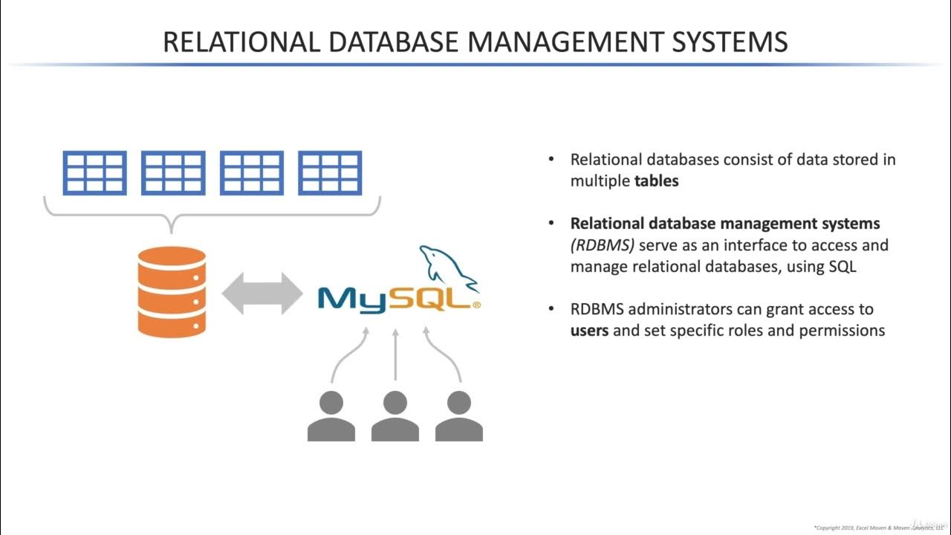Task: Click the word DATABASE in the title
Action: pyautogui.click(x=394, y=42)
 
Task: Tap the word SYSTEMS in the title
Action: pyautogui.click(x=730, y=42)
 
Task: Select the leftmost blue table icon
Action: pyautogui.click(x=94, y=173)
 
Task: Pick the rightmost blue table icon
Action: pyautogui.click(x=330, y=173)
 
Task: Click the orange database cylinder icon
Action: pyautogui.click(x=172, y=292)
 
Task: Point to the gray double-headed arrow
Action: pyautogui.click(x=262, y=294)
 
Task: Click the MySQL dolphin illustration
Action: pyautogui.click(x=448, y=268)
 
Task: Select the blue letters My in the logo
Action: pyautogui.click(x=352, y=301)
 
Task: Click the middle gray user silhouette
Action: pyautogui.click(x=395, y=416)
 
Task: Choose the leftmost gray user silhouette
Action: pyautogui.click(x=331, y=416)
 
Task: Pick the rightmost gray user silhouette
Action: pyautogui.click(x=459, y=416)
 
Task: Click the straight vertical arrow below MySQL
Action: pyautogui.click(x=395, y=354)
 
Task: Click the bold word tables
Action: pyautogui.click(x=656, y=181)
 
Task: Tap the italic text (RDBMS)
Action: pyautogui.click(x=603, y=245)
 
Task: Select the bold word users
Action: pyautogui.click(x=589, y=331)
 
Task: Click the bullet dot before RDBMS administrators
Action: pyautogui.click(x=551, y=308)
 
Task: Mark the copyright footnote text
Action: pyautogui.click(x=878, y=528)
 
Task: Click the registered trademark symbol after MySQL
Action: pyautogui.click(x=477, y=305)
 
